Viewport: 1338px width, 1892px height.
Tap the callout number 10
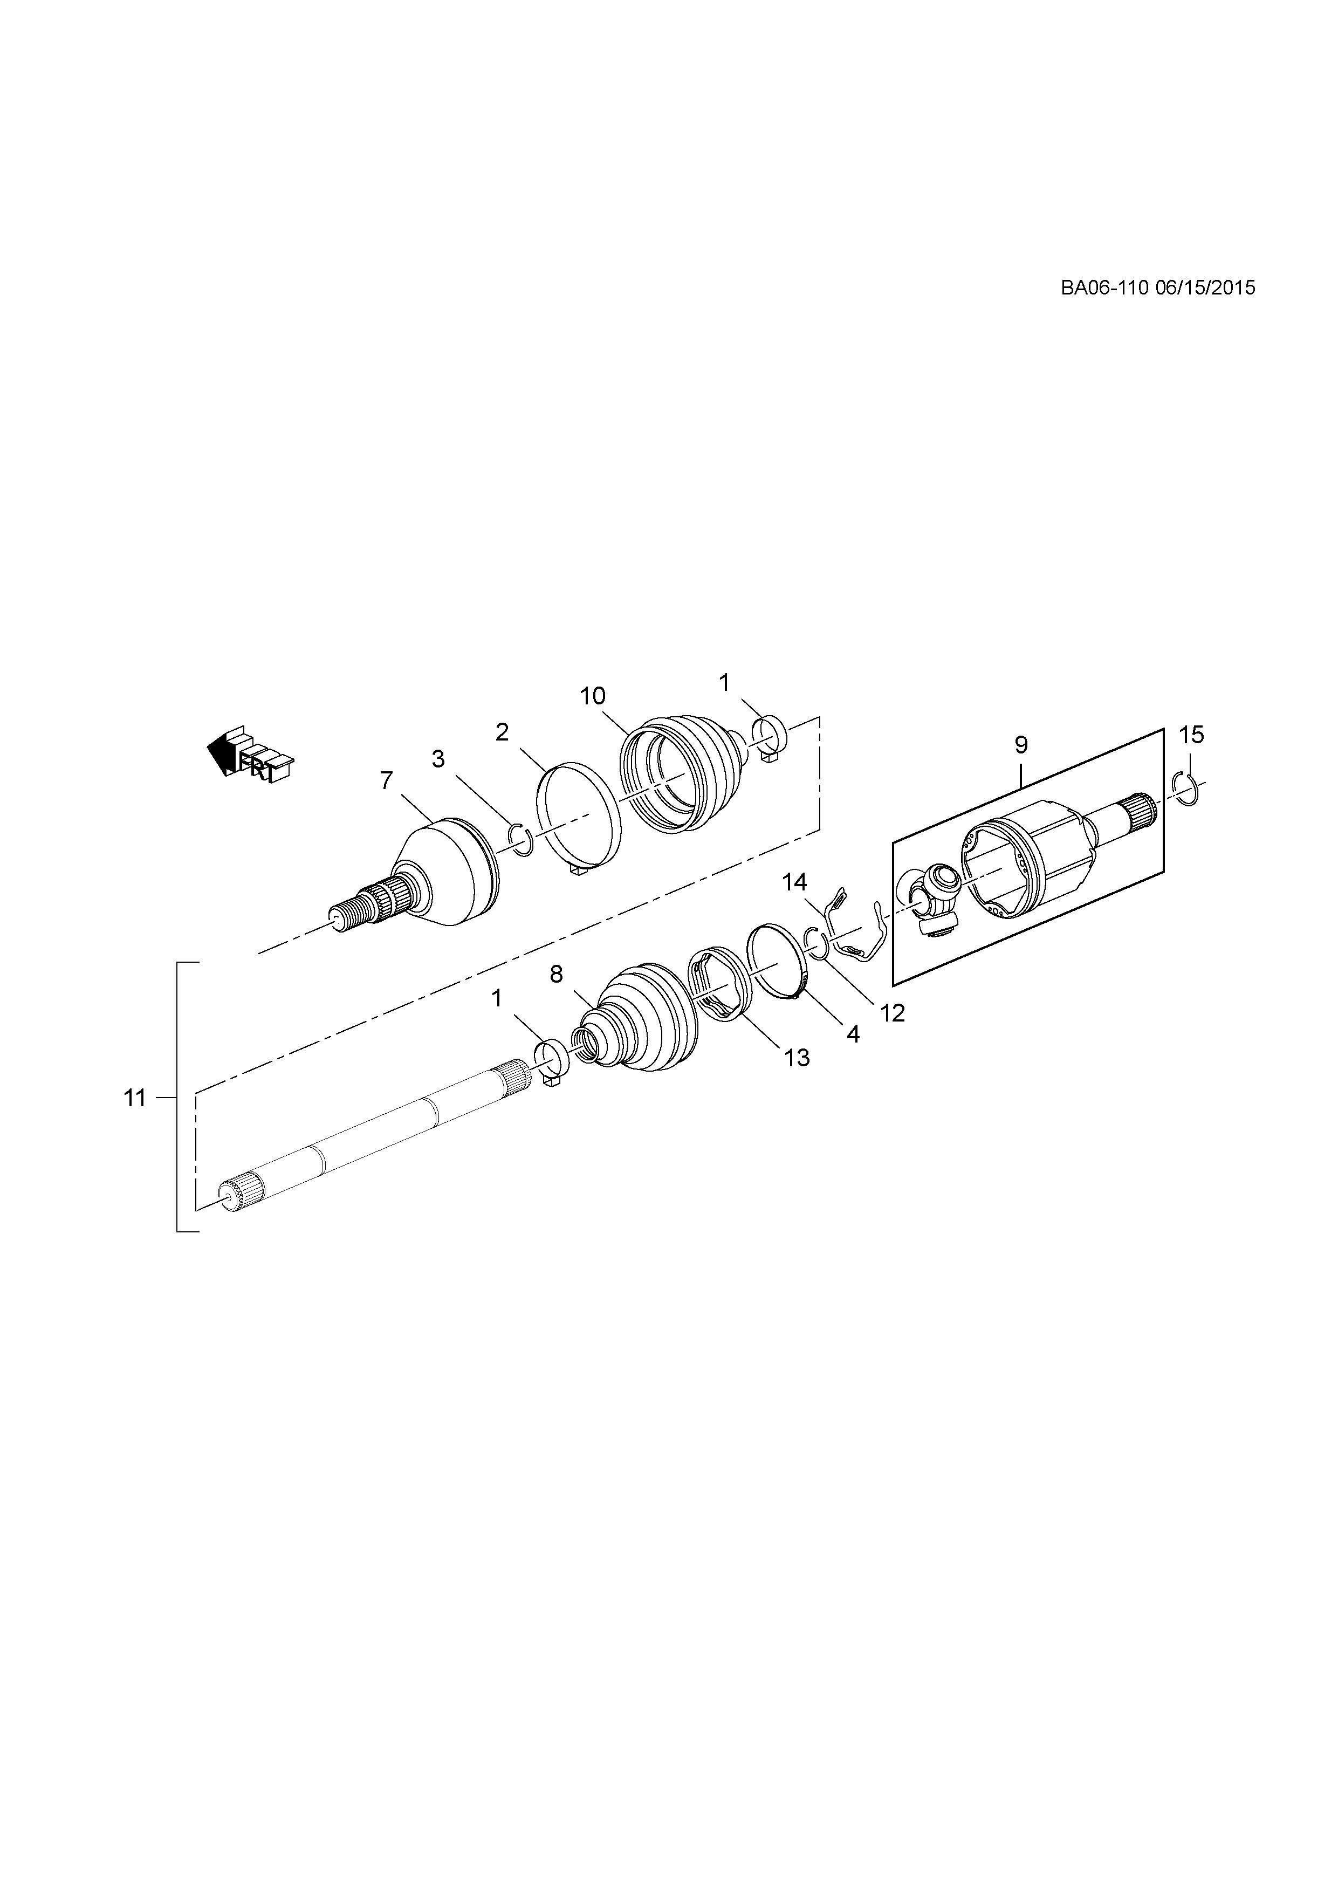pos(592,696)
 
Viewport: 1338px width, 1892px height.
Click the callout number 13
pos(797,1057)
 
